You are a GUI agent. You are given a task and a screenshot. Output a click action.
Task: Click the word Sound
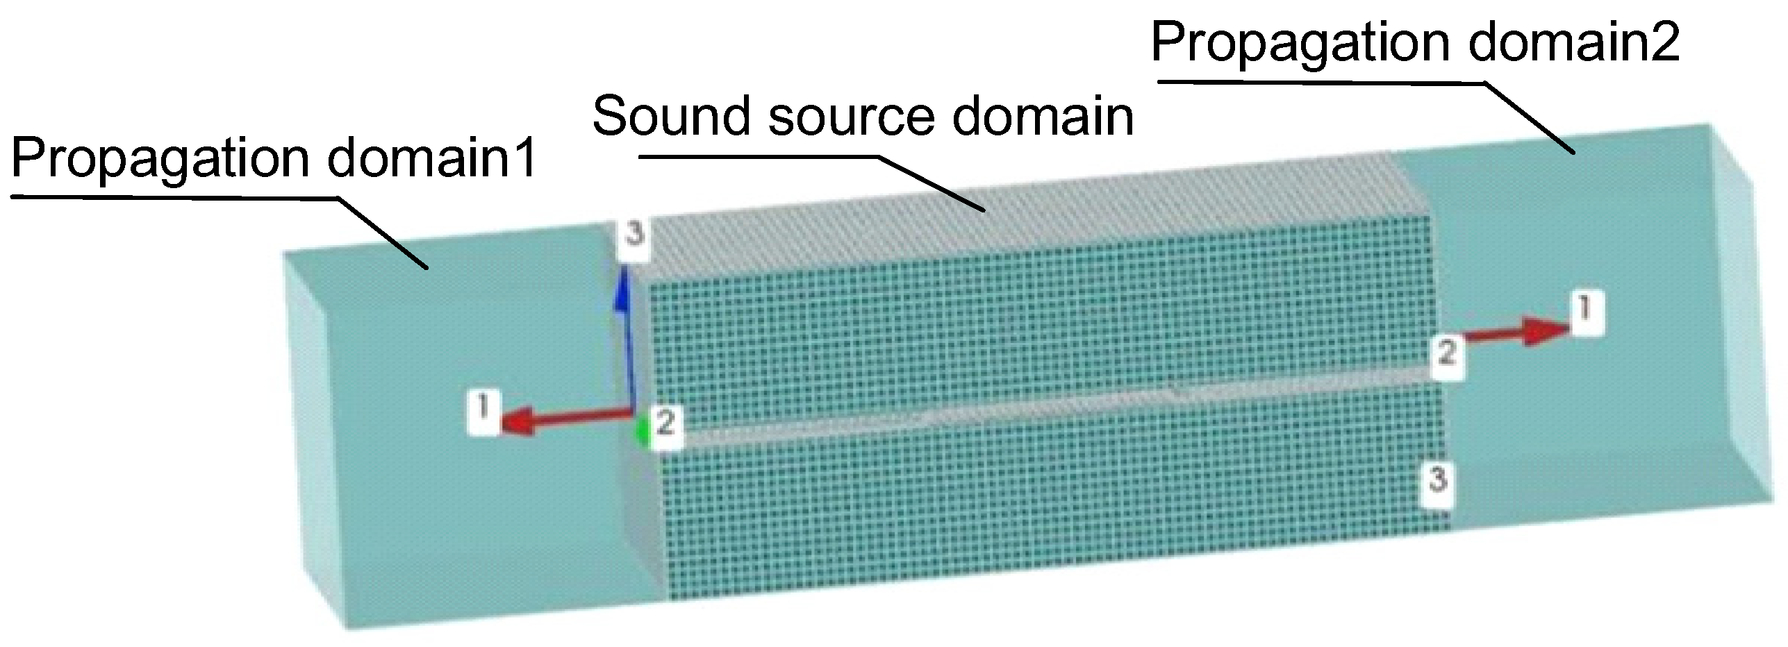[671, 116]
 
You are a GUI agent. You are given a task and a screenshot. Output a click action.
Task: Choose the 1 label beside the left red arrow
[484, 412]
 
